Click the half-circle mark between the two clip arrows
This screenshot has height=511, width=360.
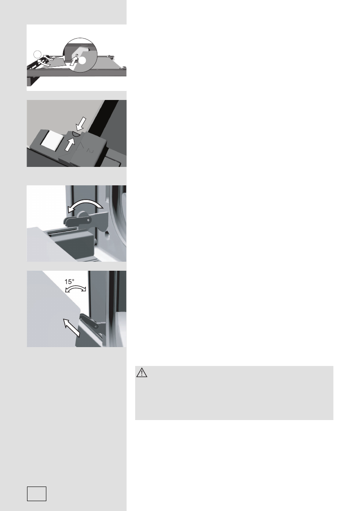[74, 134]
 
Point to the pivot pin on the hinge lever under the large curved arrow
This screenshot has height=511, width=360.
[88, 220]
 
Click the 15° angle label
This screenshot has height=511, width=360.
[70, 282]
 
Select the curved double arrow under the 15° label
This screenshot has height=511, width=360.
[76, 290]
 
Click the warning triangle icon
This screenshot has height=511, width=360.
[142, 374]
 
